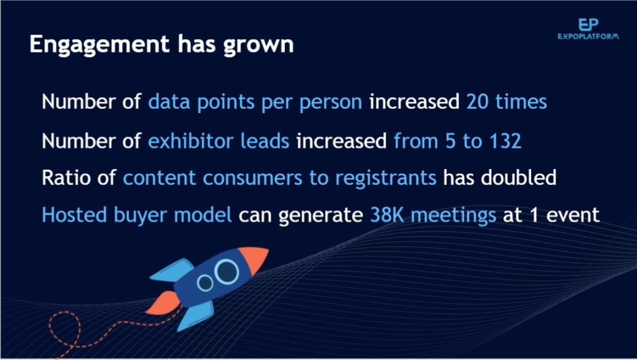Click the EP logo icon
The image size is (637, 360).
tap(588, 24)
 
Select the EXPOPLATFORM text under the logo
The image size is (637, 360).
tap(588, 37)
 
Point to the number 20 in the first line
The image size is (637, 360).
tap(477, 101)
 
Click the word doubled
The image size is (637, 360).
tap(518, 177)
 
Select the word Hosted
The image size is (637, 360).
tap(75, 215)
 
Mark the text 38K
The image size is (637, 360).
tap(387, 215)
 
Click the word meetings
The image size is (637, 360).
tap(453, 216)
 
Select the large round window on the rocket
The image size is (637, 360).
tap(226, 272)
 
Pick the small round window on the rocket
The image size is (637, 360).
tap(205, 283)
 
